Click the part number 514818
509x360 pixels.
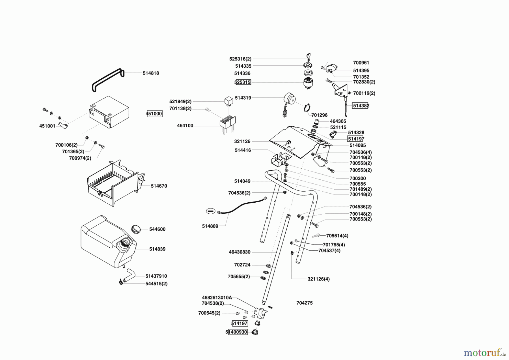[x=151, y=73]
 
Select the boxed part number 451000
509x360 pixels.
[x=154, y=114]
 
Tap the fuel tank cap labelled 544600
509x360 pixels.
[x=136, y=229]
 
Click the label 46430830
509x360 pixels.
[x=240, y=252]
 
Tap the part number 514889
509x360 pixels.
[x=210, y=226]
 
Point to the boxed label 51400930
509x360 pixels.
[x=236, y=332]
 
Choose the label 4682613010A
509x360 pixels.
[x=217, y=297]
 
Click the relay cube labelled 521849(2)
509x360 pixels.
[x=229, y=101]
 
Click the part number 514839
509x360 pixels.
[x=157, y=249]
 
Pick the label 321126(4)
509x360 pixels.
[x=318, y=279]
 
